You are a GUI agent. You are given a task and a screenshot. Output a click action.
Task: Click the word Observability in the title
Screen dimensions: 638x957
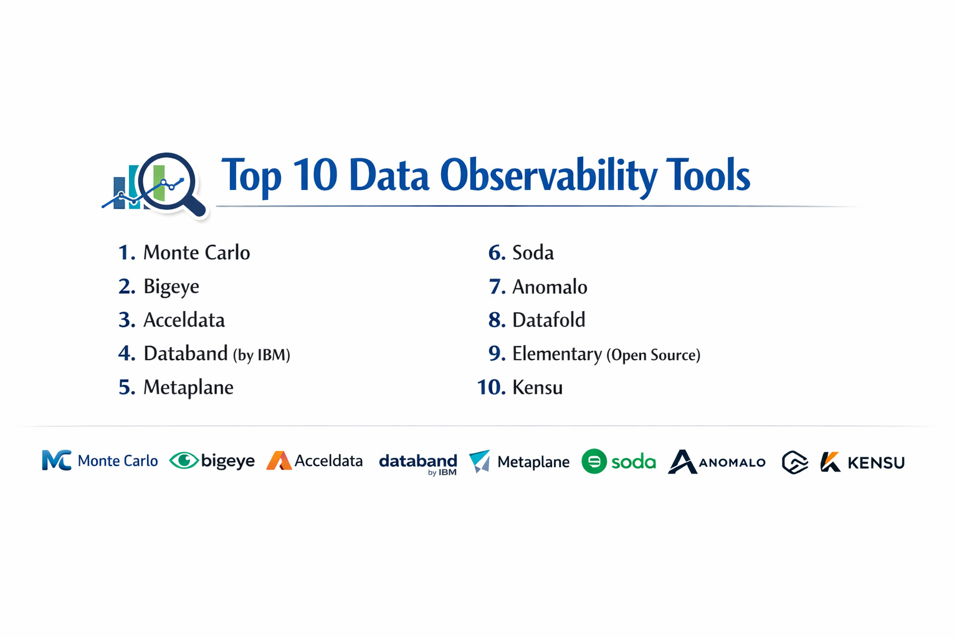(x=548, y=176)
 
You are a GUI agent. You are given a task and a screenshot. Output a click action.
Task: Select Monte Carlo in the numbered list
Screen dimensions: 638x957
(x=196, y=253)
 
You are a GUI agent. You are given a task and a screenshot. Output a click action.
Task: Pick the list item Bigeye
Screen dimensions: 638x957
(x=171, y=287)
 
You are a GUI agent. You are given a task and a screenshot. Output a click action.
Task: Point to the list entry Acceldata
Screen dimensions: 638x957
(x=184, y=320)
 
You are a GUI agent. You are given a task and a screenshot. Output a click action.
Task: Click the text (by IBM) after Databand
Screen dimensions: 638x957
(x=262, y=355)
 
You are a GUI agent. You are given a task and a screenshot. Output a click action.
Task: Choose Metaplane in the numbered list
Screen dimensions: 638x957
(x=188, y=388)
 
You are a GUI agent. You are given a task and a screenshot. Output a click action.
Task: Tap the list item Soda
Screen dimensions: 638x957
(x=533, y=253)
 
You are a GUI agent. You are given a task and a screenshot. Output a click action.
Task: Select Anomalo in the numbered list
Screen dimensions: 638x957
(x=550, y=287)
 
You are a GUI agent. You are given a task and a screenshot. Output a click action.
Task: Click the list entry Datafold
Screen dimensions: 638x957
(x=548, y=320)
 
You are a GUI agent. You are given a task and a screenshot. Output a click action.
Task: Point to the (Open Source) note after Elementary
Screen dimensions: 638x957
(x=654, y=355)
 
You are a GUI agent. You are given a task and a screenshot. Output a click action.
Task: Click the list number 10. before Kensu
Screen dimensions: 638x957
(x=491, y=388)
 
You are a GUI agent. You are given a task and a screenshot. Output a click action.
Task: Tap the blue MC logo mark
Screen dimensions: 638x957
(x=56, y=460)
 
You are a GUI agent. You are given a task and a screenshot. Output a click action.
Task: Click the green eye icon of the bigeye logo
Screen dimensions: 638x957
(x=184, y=460)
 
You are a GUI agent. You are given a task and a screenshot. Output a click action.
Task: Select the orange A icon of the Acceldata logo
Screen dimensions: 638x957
(x=279, y=461)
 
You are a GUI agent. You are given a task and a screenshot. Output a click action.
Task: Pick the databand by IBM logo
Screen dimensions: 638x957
(x=418, y=464)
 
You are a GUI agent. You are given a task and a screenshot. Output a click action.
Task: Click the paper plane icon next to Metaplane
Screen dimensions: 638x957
(x=480, y=461)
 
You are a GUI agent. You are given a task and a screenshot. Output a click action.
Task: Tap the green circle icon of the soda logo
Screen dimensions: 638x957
(x=594, y=462)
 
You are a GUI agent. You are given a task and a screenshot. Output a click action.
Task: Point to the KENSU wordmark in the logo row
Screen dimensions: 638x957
(x=875, y=463)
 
